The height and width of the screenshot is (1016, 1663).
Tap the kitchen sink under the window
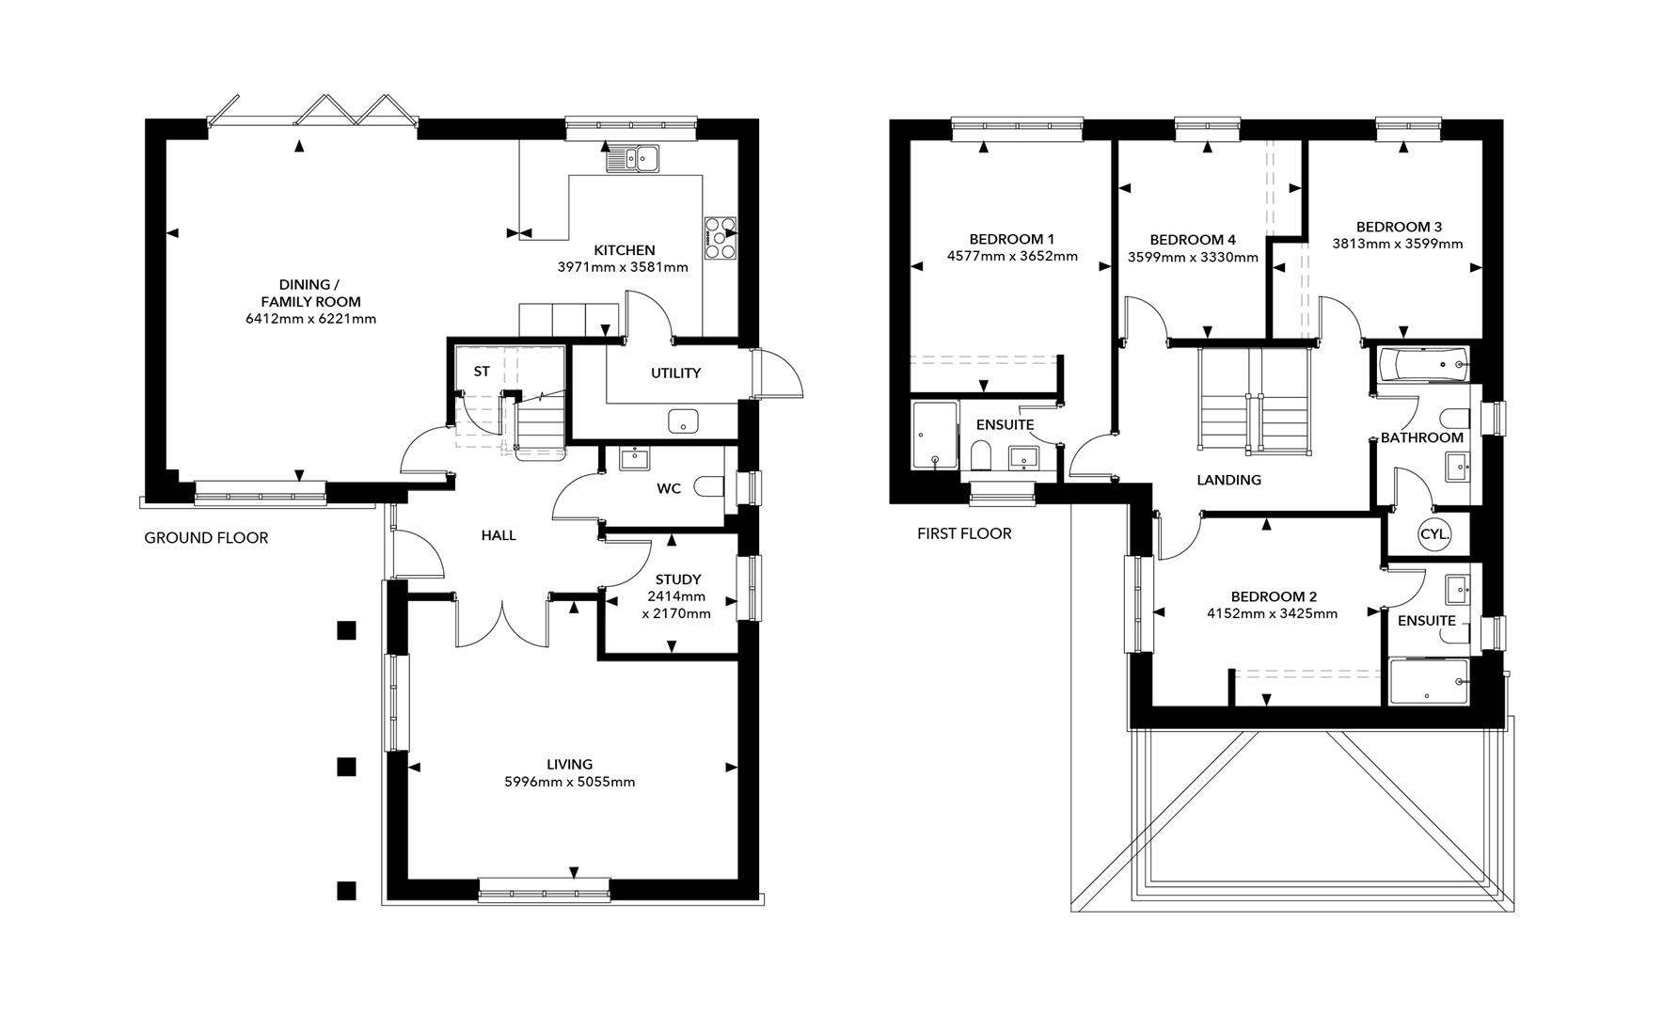pyautogui.click(x=632, y=159)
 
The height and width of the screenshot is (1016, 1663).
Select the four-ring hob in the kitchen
pyautogui.click(x=721, y=237)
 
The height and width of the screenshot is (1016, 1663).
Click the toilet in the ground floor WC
pyautogui.click(x=707, y=487)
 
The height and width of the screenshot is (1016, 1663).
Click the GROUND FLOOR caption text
pyautogui.click(x=206, y=538)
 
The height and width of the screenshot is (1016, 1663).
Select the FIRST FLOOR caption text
pyautogui.click(x=964, y=533)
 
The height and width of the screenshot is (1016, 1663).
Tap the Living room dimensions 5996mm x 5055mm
pyautogui.click(x=569, y=782)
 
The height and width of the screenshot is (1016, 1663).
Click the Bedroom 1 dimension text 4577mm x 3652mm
pyautogui.click(x=1011, y=256)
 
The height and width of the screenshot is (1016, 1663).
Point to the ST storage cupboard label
pyautogui.click(x=481, y=372)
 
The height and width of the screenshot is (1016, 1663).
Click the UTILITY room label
pyautogui.click(x=675, y=373)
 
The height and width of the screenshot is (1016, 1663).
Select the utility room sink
pyautogui.click(x=684, y=421)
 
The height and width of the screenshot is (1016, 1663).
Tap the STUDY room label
pyautogui.click(x=677, y=579)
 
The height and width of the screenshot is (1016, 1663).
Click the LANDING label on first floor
pyautogui.click(x=1228, y=480)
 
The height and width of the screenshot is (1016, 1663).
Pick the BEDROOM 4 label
pyautogui.click(x=1192, y=240)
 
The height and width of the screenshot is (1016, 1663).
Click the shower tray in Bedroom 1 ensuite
pyautogui.click(x=934, y=436)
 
